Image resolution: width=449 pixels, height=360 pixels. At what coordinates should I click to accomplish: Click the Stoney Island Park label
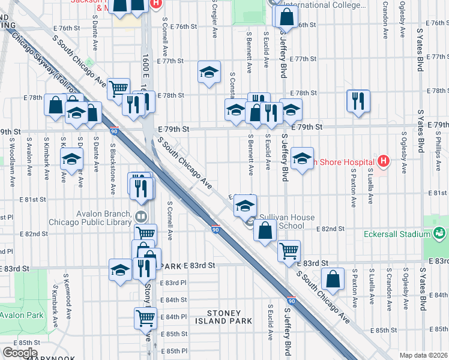(225, 317)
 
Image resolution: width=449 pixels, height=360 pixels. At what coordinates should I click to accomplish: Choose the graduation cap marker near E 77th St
(208, 72)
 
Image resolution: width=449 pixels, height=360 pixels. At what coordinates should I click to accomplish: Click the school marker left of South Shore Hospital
(303, 158)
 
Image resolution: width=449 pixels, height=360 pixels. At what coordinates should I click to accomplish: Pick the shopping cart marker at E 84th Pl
(146, 317)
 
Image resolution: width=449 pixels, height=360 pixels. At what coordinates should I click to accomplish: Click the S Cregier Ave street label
(214, 18)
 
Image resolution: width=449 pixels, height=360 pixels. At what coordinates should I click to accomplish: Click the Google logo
(20, 353)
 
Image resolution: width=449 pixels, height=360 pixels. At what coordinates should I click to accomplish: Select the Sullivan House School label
(283, 222)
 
